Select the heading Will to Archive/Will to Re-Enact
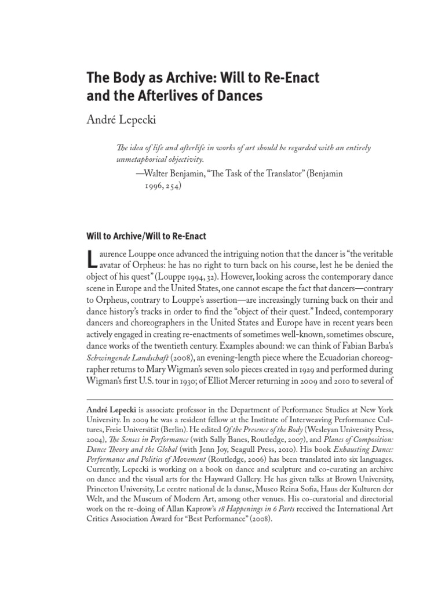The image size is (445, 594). click(x=146, y=237)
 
